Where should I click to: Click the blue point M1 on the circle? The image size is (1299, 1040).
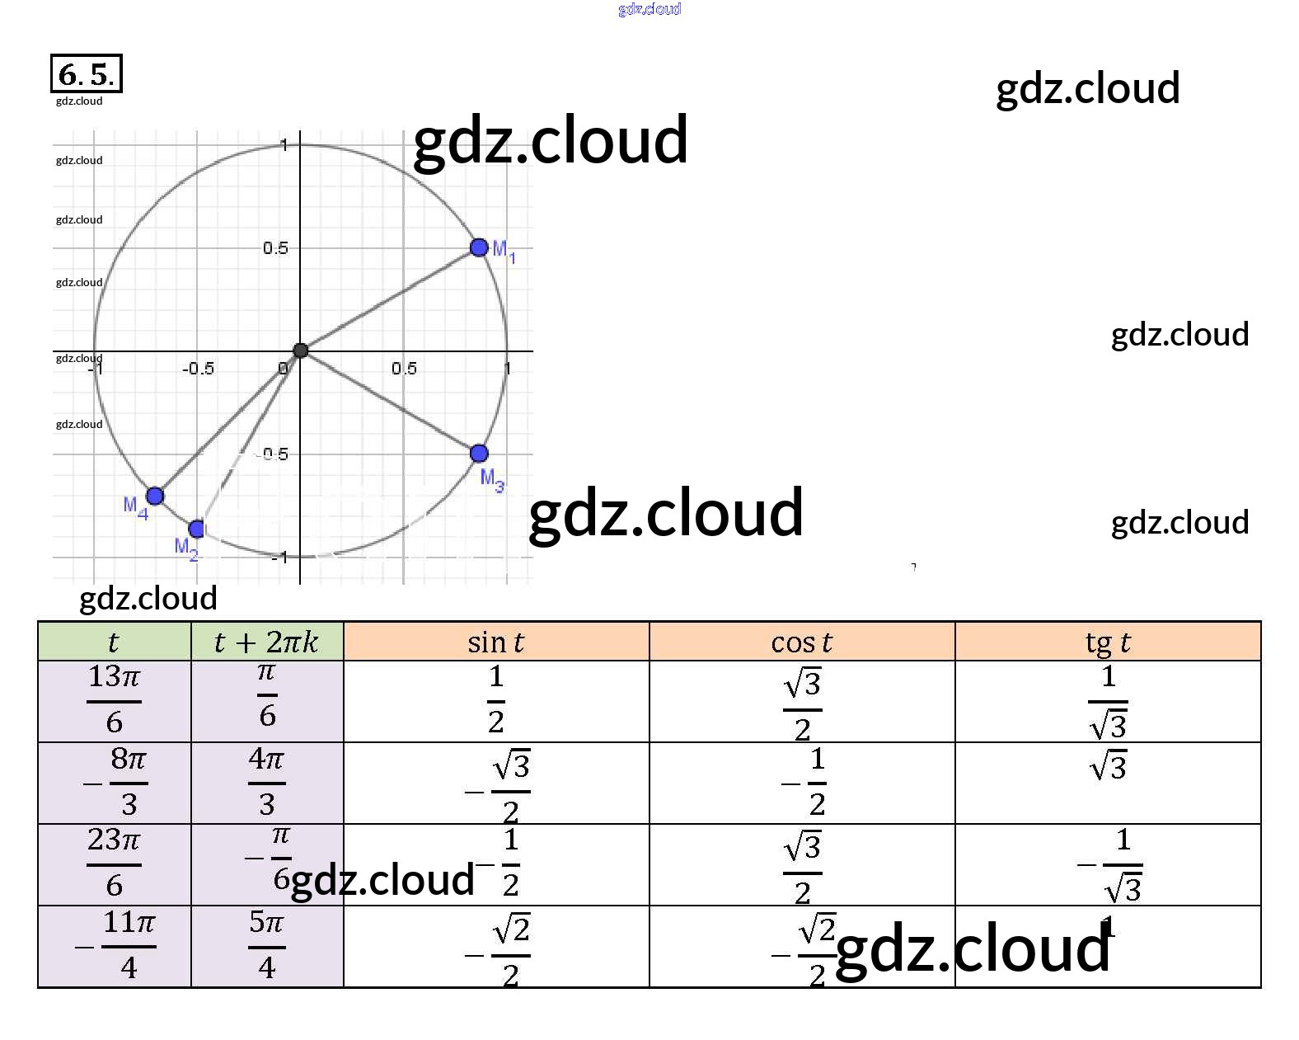click(x=479, y=247)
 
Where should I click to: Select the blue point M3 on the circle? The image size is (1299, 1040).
click(x=479, y=453)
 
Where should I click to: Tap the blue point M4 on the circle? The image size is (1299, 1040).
click(x=155, y=496)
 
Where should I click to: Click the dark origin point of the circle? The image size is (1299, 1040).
click(x=301, y=351)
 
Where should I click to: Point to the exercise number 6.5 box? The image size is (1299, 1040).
click(x=86, y=74)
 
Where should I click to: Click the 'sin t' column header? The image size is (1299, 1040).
click(x=495, y=642)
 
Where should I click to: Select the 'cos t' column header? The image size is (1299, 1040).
click(x=801, y=642)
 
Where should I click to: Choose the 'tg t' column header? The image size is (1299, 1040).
click(x=1107, y=642)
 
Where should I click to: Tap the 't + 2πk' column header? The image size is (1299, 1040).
click(x=266, y=642)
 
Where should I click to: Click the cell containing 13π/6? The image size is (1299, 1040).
click(x=114, y=700)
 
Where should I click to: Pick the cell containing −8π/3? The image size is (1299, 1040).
click(x=114, y=782)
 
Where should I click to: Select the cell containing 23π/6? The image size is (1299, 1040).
click(x=114, y=864)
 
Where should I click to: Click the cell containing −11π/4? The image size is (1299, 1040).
click(x=114, y=945)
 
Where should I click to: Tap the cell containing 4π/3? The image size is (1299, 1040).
click(x=266, y=782)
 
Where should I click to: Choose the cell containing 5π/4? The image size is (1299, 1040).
click(x=266, y=945)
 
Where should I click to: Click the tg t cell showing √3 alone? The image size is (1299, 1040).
click(x=1107, y=768)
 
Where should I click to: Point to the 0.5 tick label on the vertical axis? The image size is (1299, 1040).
click(x=275, y=248)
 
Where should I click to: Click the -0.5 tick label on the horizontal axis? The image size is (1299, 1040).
click(x=198, y=369)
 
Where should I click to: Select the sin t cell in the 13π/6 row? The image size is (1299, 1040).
click(x=495, y=700)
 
